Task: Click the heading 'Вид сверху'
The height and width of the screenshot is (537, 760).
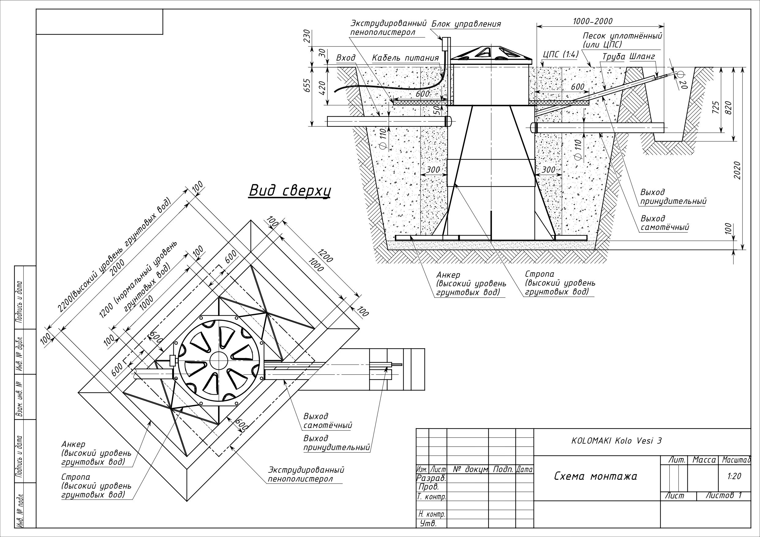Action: tap(290, 191)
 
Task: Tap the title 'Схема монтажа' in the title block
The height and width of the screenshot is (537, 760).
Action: tap(596, 476)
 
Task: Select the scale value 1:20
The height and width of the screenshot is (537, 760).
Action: tap(734, 476)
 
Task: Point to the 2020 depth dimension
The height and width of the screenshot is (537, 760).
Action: tap(737, 171)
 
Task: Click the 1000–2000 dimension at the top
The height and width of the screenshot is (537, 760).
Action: tap(592, 21)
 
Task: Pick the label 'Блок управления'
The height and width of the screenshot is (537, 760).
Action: tap(466, 24)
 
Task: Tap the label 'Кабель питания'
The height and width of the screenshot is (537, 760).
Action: tap(405, 58)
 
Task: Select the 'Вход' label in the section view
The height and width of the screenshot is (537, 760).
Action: tap(346, 58)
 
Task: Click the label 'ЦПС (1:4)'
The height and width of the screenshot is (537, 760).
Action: tap(560, 54)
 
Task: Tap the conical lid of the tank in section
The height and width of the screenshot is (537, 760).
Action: tap(491, 54)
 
